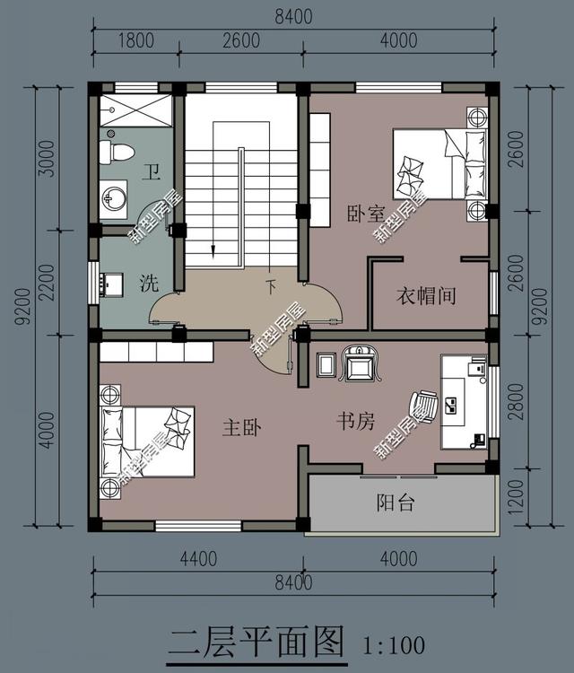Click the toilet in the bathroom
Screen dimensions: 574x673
(116, 153)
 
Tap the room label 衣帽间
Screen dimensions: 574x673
(426, 296)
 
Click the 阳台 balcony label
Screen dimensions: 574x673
(396, 503)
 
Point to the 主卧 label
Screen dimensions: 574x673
(242, 427)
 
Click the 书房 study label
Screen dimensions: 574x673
(356, 421)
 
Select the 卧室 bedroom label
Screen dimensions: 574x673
(366, 214)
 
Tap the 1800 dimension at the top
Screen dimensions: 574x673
(136, 40)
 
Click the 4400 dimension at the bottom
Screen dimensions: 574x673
(198, 559)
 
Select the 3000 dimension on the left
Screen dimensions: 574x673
(47, 159)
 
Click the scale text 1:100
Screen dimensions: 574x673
(394, 645)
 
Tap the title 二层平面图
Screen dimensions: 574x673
(257, 642)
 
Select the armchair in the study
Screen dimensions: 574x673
(360, 364)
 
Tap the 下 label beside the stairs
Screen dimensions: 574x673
(271, 287)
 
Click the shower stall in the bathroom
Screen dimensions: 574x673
(136, 110)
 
